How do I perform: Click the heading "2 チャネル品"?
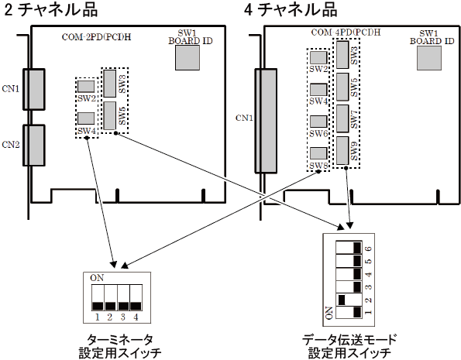click(50, 10)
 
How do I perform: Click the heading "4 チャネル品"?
click(291, 10)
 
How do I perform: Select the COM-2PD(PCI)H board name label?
click(96, 37)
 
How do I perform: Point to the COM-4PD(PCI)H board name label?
click(346, 32)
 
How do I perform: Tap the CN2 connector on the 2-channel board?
click(34, 146)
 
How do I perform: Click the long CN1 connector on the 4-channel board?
click(266, 121)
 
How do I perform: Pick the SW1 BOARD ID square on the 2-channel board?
click(187, 57)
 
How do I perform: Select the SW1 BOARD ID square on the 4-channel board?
click(429, 58)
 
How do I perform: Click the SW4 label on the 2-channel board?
click(87, 131)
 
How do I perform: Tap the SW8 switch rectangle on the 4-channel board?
click(318, 153)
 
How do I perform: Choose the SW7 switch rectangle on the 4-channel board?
click(342, 118)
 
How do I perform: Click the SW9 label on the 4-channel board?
click(354, 151)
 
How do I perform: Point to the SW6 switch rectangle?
click(318, 122)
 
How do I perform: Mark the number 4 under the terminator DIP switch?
click(136, 317)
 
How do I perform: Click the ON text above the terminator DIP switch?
click(97, 278)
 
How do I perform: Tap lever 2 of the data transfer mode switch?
click(342, 300)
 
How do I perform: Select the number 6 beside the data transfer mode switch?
click(368, 249)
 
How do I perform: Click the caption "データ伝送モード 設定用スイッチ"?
click(349, 346)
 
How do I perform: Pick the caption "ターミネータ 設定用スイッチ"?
click(120, 346)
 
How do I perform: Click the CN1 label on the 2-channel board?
click(11, 88)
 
